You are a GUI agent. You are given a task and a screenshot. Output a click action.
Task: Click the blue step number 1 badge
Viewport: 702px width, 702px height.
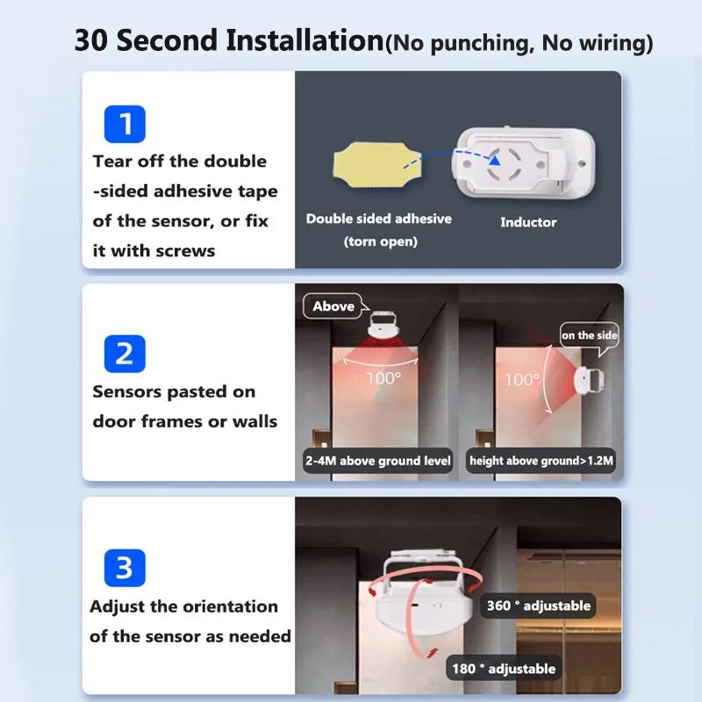[x=125, y=124]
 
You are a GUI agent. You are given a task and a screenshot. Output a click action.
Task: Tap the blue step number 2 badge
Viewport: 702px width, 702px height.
[x=125, y=354]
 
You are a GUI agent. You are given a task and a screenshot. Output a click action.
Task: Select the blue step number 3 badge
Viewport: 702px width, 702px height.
[x=125, y=568]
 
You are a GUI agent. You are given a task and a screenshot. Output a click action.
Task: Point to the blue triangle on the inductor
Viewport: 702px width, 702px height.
[x=497, y=161]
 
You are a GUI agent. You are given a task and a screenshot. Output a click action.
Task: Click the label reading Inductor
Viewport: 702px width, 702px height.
[x=528, y=222]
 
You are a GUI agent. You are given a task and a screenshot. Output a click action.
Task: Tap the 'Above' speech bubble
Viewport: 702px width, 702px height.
[x=333, y=306]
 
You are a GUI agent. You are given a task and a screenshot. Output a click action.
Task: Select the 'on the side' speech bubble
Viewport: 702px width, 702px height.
[x=590, y=335]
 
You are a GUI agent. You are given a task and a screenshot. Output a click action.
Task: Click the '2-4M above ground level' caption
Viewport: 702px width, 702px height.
[x=378, y=461]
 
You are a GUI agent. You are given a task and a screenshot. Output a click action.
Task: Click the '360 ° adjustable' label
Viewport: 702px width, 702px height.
[x=540, y=605]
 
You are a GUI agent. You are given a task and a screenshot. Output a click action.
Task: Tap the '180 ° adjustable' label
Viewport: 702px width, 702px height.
[x=504, y=669]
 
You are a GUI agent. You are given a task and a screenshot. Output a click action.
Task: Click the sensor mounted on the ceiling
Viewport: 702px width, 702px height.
[x=382, y=326]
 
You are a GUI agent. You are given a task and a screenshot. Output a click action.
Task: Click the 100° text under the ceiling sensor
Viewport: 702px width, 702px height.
[x=383, y=377]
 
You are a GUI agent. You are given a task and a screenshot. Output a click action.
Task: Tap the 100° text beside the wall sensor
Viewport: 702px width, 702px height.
[x=521, y=380]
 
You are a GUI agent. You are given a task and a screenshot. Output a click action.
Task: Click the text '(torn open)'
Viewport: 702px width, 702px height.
[x=380, y=241]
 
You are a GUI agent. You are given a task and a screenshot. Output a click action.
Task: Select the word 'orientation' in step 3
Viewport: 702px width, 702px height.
[x=230, y=606]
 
